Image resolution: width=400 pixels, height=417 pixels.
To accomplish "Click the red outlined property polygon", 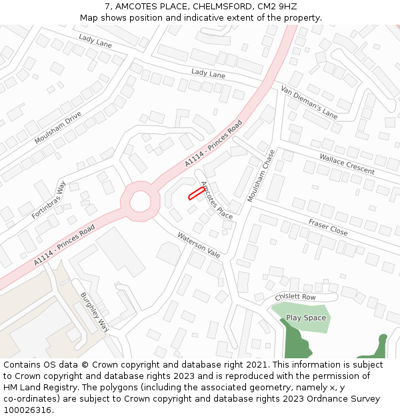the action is tap(195, 193).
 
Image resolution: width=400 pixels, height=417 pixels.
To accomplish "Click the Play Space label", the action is tap(306, 318).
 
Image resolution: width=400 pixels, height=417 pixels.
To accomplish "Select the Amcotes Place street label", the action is tap(217, 199).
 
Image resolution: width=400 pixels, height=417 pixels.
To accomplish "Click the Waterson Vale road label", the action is tap(199, 246).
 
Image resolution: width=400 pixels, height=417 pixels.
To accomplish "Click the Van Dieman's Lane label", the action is tap(309, 102).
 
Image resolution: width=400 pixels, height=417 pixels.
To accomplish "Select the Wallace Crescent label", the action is tap(347, 163).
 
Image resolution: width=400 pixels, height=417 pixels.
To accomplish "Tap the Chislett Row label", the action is tap(295, 297).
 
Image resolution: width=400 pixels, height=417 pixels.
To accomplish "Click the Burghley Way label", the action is tap(94, 312).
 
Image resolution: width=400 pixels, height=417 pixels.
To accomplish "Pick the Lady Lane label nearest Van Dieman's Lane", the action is tap(208, 73).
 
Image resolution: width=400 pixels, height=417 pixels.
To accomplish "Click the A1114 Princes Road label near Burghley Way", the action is tap(65, 245).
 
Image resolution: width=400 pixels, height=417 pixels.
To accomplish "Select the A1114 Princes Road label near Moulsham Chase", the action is tap(213, 144).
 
